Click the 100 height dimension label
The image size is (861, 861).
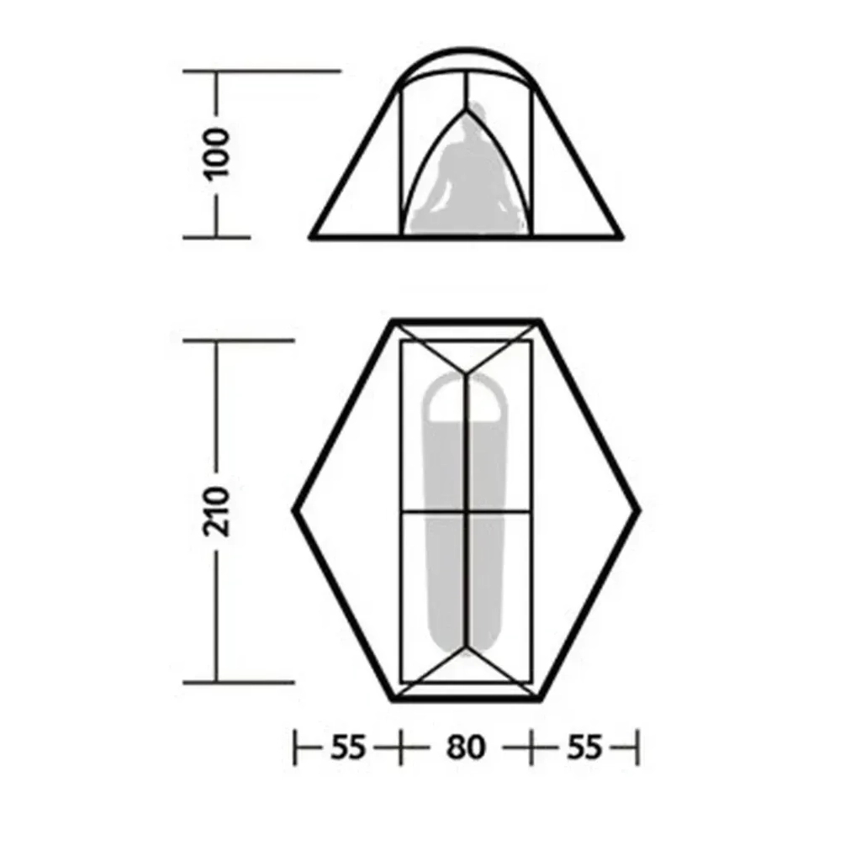coord(216,153)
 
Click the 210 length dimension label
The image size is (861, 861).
coord(216,510)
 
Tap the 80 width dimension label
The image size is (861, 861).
coord(466,747)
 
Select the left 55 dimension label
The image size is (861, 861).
coord(347,747)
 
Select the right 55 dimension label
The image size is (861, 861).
coord(584,747)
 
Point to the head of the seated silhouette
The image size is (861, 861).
coord(476,115)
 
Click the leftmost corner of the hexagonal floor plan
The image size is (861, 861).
coord(294,511)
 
